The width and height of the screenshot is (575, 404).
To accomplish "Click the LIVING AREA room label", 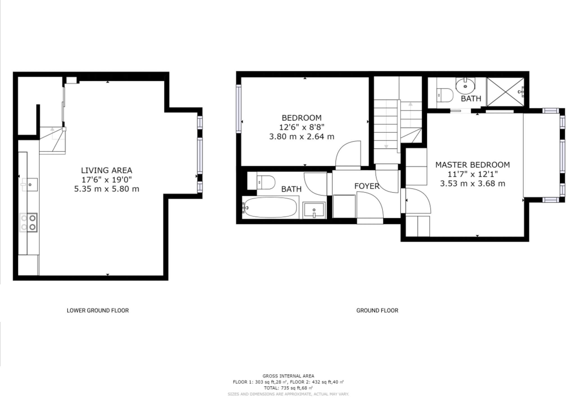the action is click(x=106, y=170).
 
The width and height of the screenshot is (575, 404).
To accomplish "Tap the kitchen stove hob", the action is click(x=28, y=222).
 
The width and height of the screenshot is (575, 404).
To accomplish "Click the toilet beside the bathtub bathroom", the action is click(x=266, y=182).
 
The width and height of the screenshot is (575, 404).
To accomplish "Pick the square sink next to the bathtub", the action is click(x=314, y=210).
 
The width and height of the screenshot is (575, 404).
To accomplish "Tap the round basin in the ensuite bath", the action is click(x=465, y=86).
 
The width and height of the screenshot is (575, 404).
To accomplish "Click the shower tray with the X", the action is click(x=505, y=92).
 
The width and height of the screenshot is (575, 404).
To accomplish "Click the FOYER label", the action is click(x=367, y=186).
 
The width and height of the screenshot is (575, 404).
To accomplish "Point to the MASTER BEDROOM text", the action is click(x=473, y=165).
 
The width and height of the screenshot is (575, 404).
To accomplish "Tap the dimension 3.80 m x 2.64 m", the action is click(x=302, y=137).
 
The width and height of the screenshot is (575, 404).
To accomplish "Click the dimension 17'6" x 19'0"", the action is click(x=106, y=180).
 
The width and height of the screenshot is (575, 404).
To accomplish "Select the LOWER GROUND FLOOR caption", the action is click(x=98, y=310).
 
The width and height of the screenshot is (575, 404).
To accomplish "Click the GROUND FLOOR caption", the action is click(x=377, y=310).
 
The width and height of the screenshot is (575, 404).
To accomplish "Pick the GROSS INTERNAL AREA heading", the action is click(x=288, y=376).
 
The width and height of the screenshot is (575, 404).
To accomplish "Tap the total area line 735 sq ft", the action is click(x=288, y=388).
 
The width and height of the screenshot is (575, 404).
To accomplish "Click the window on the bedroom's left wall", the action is click(x=239, y=109).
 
